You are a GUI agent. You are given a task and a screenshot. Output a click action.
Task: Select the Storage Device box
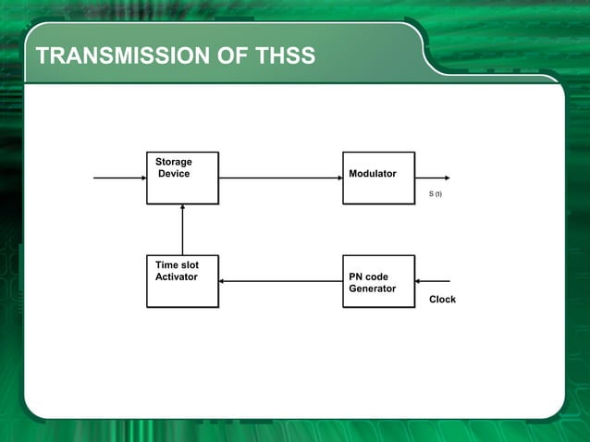182,178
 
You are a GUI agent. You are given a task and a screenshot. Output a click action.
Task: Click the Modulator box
378,178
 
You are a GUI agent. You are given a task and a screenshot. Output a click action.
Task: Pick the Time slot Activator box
182,281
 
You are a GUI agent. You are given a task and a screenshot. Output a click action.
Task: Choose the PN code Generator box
378,281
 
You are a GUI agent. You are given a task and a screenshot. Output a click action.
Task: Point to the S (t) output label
435,194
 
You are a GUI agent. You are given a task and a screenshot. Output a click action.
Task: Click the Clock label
442,300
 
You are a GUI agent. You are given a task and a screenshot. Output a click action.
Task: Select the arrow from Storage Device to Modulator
280,178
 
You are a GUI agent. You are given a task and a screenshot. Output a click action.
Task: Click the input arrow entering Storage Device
119,178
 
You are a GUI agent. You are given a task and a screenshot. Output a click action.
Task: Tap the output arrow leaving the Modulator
432,178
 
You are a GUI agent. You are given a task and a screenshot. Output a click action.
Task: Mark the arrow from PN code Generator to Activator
280,281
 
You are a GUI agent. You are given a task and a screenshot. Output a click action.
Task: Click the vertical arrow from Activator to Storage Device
182,229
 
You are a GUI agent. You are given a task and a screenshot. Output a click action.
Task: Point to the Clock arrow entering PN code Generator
433,281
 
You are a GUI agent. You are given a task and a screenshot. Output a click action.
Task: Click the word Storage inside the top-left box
174,162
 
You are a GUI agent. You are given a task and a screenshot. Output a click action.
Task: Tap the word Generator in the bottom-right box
372,289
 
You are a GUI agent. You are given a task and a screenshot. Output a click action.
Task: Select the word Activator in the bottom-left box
176,276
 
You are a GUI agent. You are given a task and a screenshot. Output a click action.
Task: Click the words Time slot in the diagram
177,264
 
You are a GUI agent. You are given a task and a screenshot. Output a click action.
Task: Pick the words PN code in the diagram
368,276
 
